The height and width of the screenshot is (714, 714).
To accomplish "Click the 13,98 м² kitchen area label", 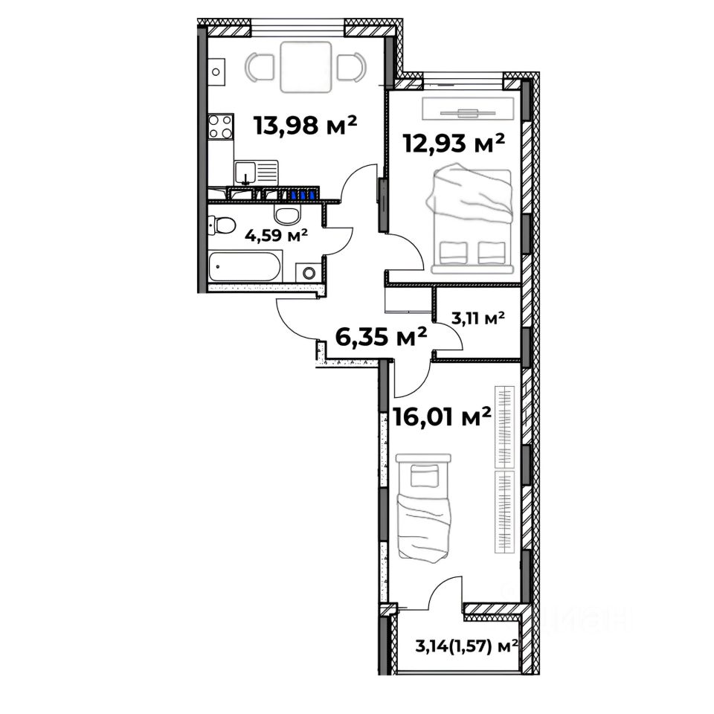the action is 305,125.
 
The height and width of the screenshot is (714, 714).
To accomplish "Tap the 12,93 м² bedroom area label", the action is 454,144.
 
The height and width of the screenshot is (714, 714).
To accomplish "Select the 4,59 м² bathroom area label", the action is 277,236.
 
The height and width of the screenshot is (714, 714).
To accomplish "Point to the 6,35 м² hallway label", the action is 381,338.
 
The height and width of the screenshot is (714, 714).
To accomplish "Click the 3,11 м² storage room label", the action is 477,318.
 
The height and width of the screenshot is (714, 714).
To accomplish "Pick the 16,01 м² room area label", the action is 442,417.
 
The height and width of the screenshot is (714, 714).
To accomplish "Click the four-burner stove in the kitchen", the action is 221,126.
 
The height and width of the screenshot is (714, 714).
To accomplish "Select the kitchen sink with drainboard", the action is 256,173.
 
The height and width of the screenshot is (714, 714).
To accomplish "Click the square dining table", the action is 306,67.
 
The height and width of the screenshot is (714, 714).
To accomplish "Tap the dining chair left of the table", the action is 260,68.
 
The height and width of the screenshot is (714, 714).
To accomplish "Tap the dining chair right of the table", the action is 352,68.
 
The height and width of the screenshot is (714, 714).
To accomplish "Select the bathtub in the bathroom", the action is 245,266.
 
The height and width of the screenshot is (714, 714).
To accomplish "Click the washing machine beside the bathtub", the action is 309,273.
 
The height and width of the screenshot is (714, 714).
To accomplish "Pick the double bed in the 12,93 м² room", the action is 471,221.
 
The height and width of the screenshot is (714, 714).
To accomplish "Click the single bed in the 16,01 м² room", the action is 424,506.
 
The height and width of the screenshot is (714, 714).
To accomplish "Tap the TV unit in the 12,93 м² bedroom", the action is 468,109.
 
